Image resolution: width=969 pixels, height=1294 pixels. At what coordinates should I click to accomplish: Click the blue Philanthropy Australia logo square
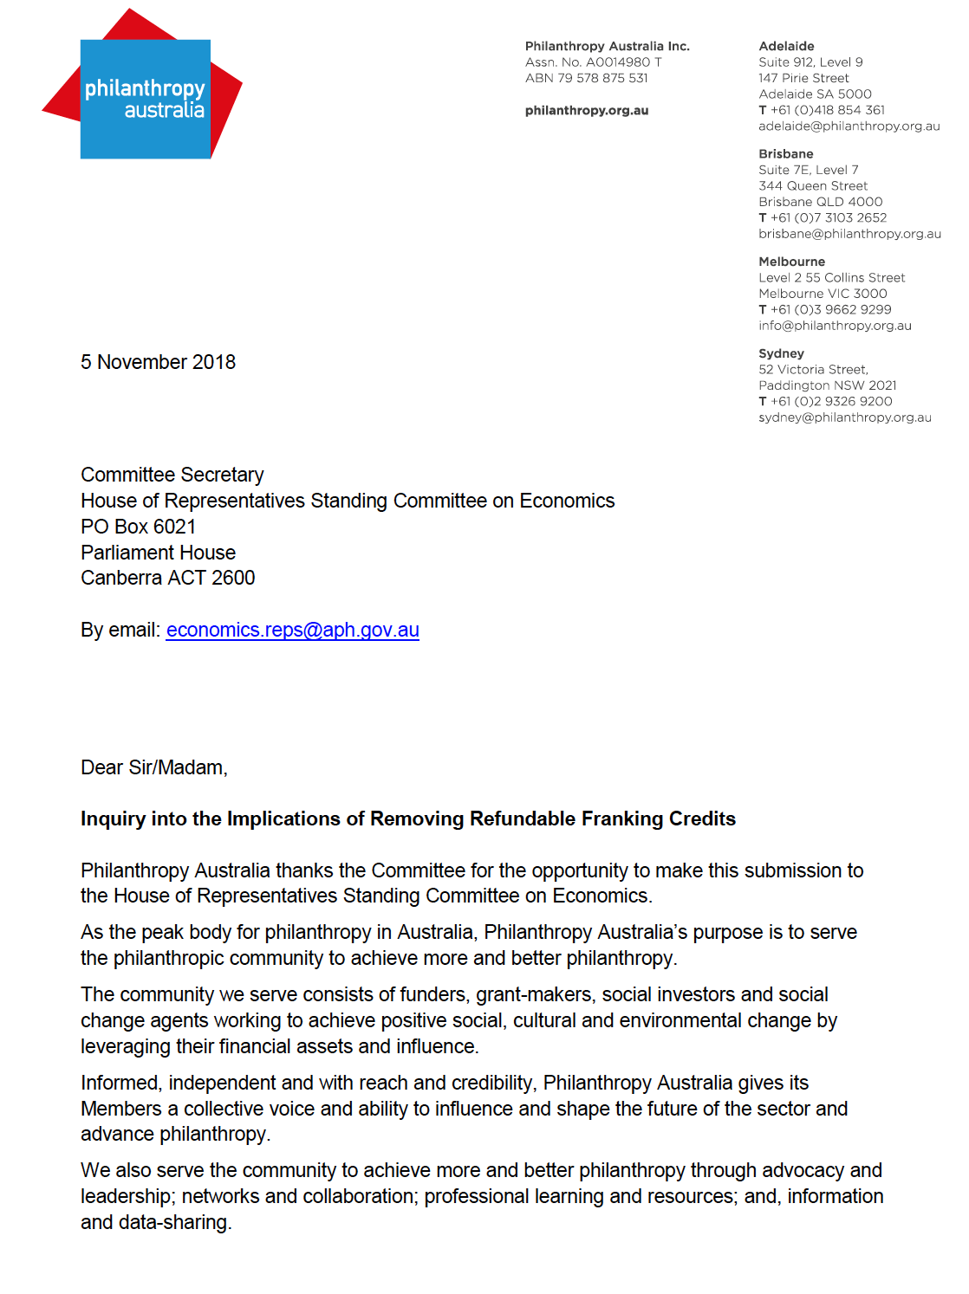coord(146,99)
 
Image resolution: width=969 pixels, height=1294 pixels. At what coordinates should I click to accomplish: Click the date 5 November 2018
coord(158,362)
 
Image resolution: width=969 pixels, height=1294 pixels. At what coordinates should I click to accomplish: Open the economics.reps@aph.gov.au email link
coord(292,631)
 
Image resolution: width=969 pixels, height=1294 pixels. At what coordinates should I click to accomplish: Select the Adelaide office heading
coord(786,46)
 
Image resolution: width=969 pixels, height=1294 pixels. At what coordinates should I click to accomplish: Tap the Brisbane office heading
coord(785,153)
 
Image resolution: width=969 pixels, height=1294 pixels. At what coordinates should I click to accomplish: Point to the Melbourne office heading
coord(791,262)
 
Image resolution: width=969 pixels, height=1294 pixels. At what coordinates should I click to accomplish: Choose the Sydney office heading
coord(781,353)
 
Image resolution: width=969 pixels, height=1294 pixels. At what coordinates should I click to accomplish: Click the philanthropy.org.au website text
coord(586,110)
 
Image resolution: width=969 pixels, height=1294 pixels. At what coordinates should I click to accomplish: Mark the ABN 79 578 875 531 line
coord(586,78)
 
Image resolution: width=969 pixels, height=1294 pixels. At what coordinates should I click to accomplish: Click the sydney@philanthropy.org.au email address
coord(844,417)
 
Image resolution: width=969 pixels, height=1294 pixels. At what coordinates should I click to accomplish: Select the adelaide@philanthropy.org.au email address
coord(849,126)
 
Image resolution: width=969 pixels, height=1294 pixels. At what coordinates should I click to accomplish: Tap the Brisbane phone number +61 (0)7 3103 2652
coord(828,217)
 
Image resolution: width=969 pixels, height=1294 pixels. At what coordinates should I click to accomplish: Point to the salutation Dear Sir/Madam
coord(153,767)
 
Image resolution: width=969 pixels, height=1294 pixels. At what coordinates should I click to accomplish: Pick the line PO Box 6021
coord(138,527)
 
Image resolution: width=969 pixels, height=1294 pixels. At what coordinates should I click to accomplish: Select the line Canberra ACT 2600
coord(167,578)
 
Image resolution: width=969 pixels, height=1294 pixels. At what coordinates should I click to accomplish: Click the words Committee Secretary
coord(172,475)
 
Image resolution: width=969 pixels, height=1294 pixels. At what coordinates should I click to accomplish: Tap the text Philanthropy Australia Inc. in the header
coord(607,46)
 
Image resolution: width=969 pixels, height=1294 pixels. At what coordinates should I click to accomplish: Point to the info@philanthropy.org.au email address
coord(835,326)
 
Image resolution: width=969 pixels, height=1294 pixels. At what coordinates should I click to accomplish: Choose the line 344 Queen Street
coord(812,185)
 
